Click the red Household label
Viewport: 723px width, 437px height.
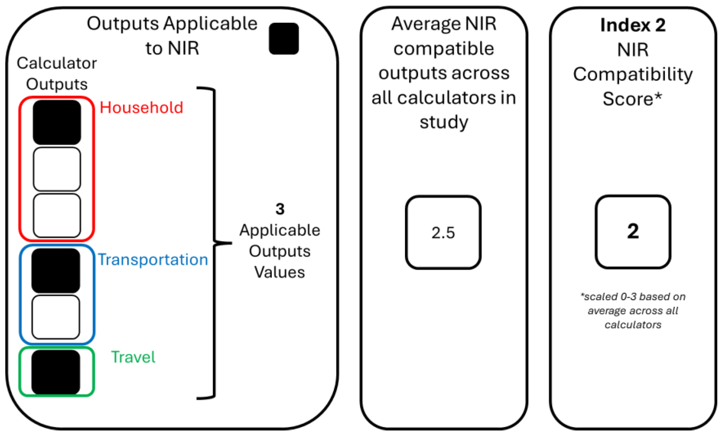pyautogui.click(x=141, y=108)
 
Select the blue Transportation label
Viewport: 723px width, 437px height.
pyautogui.click(x=153, y=260)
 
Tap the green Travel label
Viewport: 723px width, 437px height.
pyautogui.click(x=133, y=357)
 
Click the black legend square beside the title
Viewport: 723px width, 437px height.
pyautogui.click(x=284, y=38)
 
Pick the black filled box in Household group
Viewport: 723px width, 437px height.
pyautogui.click(x=57, y=122)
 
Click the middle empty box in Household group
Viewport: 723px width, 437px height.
pyautogui.click(x=57, y=169)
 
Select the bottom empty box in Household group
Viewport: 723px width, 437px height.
pyautogui.click(x=57, y=216)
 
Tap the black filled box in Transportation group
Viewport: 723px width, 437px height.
pyautogui.click(x=56, y=271)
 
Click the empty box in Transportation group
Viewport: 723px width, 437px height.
pyautogui.click(x=56, y=317)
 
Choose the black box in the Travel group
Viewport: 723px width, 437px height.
pyautogui.click(x=56, y=372)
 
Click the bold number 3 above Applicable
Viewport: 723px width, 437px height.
pyautogui.click(x=280, y=209)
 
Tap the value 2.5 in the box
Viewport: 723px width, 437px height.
pyautogui.click(x=443, y=233)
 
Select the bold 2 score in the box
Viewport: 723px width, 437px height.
pyautogui.click(x=633, y=231)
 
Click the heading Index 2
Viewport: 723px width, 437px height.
pyautogui.click(x=633, y=25)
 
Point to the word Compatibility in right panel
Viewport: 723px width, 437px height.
pyautogui.click(x=633, y=74)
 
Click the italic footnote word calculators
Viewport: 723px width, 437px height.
pyautogui.click(x=633, y=325)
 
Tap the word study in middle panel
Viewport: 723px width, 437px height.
pyautogui.click(x=444, y=122)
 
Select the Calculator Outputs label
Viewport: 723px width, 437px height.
pyautogui.click(x=57, y=74)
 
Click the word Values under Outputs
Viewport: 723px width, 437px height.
pyautogui.click(x=280, y=272)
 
